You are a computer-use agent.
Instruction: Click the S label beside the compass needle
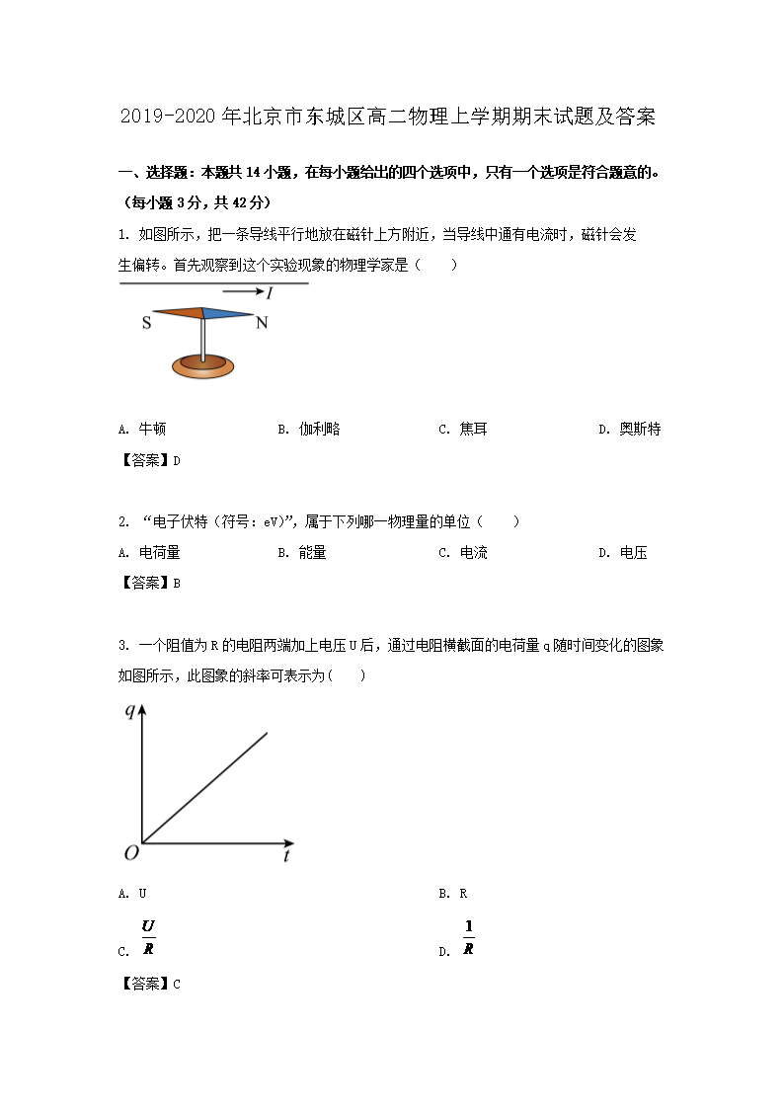click(147, 323)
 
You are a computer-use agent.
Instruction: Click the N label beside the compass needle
click(262, 323)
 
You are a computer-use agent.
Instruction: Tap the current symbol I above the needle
click(269, 293)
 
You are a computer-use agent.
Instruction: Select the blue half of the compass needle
click(228, 313)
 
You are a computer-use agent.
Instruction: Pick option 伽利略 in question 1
click(319, 430)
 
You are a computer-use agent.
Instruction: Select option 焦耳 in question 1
click(473, 430)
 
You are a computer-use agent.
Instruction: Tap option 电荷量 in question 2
click(159, 553)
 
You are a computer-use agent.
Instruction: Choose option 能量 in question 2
click(312, 553)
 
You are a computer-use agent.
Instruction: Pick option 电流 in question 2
click(473, 553)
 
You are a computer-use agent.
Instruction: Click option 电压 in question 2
click(633, 553)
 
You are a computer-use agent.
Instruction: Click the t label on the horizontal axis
click(286, 856)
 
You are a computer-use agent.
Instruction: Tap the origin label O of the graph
click(130, 852)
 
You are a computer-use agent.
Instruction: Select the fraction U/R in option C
click(148, 937)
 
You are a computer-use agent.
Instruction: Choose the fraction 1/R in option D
click(468, 937)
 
